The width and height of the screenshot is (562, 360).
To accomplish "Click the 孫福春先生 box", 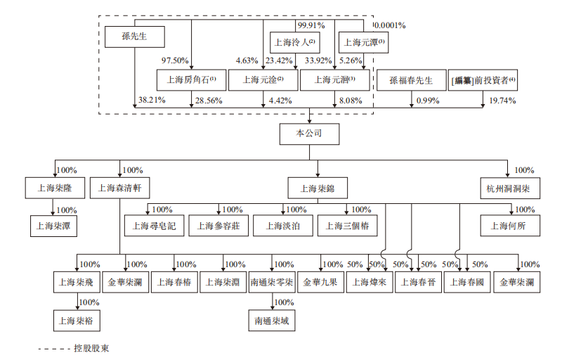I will pyautogui.click(x=411, y=79).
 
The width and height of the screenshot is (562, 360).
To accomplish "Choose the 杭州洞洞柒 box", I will pyautogui.click(x=507, y=188).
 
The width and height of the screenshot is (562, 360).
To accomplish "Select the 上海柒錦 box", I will pyautogui.click(x=317, y=188).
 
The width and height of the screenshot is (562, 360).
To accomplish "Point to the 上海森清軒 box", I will pyautogui.click(x=120, y=188).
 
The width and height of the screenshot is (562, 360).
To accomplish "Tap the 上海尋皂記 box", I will pyautogui.click(x=153, y=226).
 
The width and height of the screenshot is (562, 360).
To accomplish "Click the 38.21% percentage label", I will pyautogui.click(x=152, y=101).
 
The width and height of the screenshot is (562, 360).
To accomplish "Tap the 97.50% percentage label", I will pyautogui.click(x=175, y=60).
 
